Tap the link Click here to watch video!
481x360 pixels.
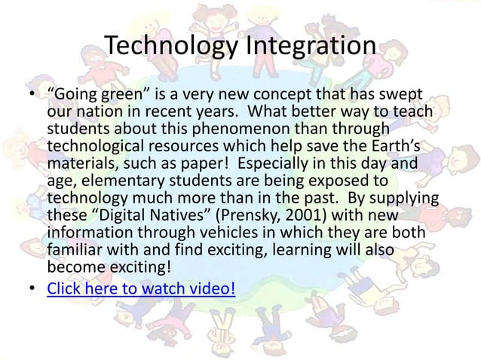point(141,288)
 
